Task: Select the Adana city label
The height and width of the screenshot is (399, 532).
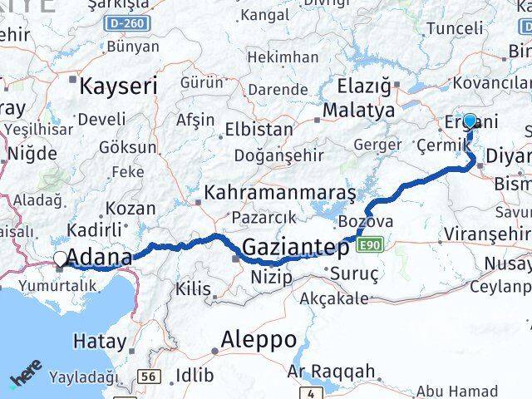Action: [100, 257]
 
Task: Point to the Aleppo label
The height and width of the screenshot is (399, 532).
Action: [259, 339]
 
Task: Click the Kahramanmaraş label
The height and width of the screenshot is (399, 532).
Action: [284, 193]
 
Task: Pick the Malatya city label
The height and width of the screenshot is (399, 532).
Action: [358, 110]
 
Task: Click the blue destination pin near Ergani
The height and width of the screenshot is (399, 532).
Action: [470, 121]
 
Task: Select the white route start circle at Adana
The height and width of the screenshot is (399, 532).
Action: [60, 259]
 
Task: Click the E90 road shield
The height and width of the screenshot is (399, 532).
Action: [371, 244]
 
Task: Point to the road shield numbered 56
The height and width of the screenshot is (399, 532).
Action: [149, 377]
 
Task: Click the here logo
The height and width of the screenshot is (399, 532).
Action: [27, 380]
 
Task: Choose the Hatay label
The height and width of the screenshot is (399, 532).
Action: [100, 341]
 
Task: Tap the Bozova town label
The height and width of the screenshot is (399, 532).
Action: [366, 222]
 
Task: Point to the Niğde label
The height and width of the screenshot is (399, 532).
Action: [34, 153]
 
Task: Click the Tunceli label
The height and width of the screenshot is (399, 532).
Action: [454, 28]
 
